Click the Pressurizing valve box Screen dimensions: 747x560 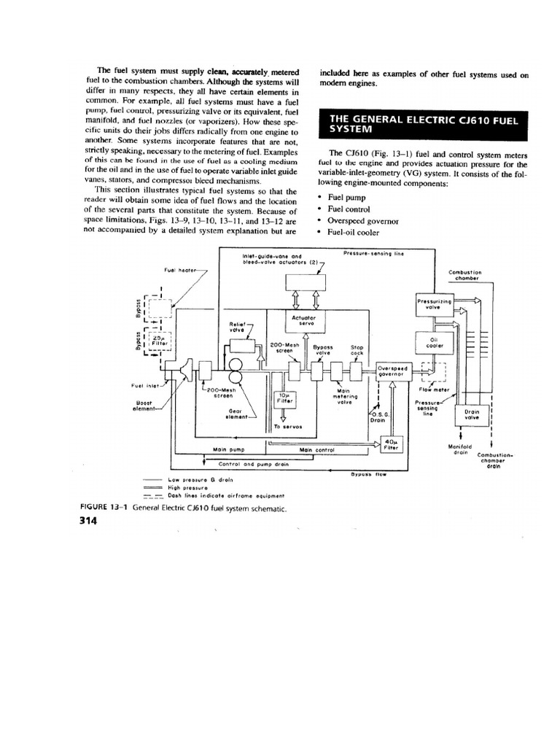[435, 306]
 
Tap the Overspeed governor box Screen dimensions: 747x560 [395, 372]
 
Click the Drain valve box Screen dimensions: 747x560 [472, 414]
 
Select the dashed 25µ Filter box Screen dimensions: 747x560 [160, 340]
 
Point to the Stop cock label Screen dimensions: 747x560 [357, 349]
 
